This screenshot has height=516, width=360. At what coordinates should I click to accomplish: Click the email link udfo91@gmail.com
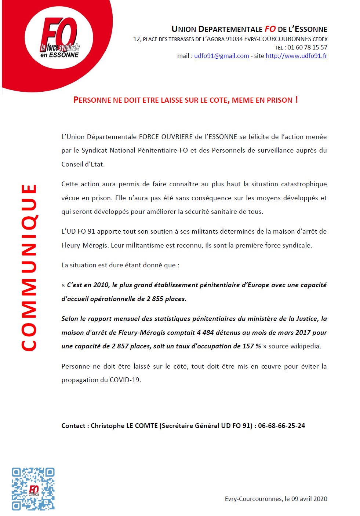[221, 56]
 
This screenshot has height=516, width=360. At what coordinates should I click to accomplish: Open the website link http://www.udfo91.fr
[296, 56]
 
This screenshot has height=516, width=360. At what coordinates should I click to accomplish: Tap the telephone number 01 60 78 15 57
[307, 47]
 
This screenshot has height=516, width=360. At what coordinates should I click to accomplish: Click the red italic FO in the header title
[270, 29]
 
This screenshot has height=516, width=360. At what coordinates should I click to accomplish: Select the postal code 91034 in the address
[234, 39]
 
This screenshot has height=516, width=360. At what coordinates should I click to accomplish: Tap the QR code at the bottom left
[33, 489]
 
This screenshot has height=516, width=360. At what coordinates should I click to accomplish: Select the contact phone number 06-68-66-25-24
[281, 426]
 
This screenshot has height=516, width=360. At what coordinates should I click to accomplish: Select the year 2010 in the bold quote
[101, 285]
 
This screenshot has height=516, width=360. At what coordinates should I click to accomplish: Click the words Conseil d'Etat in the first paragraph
[83, 164]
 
